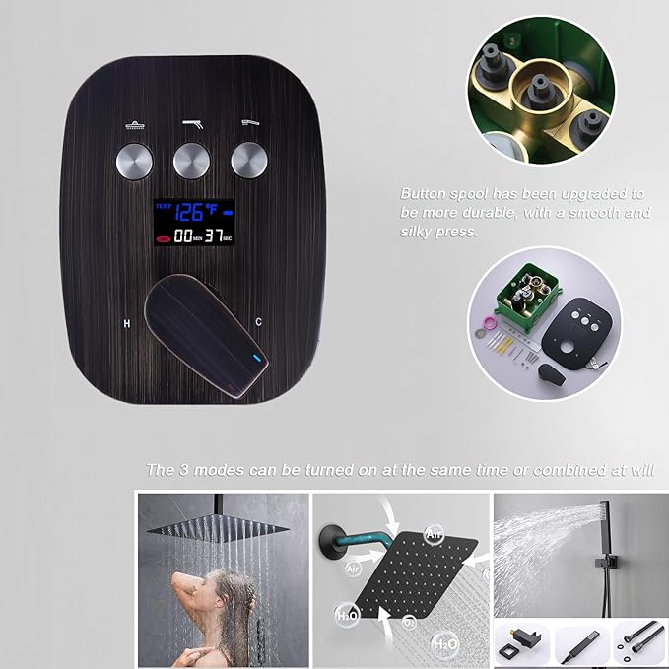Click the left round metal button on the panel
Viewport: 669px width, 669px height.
pos(133,160)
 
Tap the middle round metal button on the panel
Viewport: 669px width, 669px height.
pos(191,160)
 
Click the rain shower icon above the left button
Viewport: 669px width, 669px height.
pos(133,125)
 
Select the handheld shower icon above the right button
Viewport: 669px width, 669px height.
pos(250,124)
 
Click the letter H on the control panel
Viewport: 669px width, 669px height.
pos(126,322)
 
